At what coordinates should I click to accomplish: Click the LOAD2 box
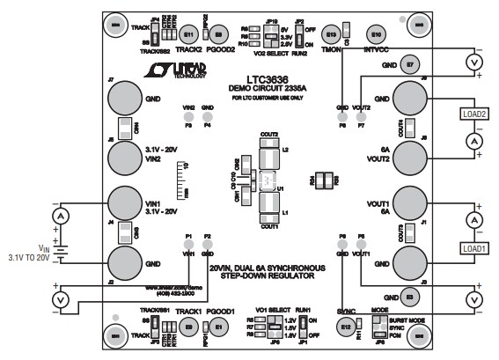pos(474,114)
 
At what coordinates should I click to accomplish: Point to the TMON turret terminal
pos(332,35)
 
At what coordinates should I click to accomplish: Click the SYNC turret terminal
pos(346,327)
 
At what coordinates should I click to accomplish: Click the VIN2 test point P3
pos(187,116)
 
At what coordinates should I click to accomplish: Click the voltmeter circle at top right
pos(476,62)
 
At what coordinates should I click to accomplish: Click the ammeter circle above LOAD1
pos(476,218)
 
